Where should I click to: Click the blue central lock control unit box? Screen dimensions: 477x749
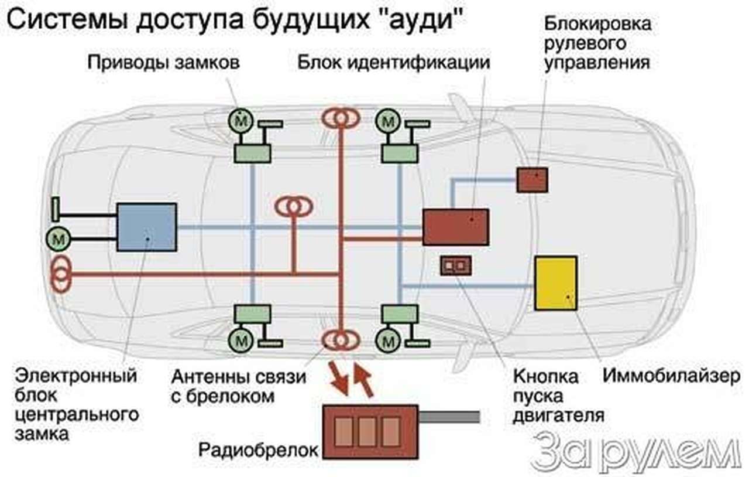click(x=146, y=227)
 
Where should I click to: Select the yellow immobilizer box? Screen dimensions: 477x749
click(x=555, y=283)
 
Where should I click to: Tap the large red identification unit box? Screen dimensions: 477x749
click(x=455, y=227)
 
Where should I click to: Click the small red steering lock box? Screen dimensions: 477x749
click(x=532, y=180)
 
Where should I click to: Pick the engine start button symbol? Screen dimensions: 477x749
click(x=455, y=266)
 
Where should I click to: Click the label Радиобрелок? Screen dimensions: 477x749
click(x=258, y=450)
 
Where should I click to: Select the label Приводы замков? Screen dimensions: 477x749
click(x=163, y=62)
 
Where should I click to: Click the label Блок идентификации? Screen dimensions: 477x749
click(x=393, y=62)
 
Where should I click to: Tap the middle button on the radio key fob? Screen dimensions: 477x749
click(x=367, y=432)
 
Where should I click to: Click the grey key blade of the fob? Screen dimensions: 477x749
click(x=449, y=417)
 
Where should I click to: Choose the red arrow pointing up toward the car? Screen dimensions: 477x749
click(x=363, y=381)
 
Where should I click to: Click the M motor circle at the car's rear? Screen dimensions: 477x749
click(x=59, y=238)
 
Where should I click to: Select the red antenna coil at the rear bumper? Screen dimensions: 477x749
click(x=61, y=274)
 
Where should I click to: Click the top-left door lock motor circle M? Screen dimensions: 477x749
click(x=240, y=121)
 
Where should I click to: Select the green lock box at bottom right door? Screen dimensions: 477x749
click(x=399, y=314)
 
